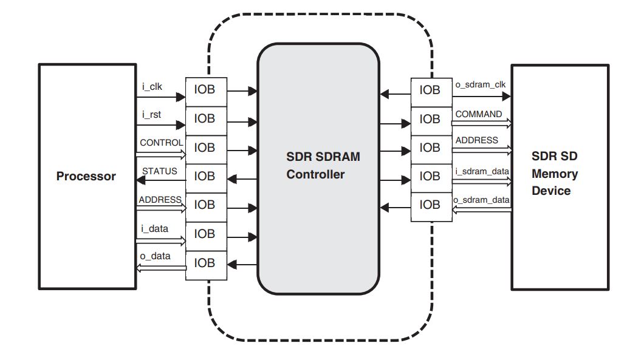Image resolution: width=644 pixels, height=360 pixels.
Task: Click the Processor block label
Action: coord(86,177)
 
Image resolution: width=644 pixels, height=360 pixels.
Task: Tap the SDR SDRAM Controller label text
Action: coord(323,166)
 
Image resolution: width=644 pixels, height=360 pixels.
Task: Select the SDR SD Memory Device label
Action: coord(554,174)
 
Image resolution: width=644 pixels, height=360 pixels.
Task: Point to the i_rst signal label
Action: coord(151,115)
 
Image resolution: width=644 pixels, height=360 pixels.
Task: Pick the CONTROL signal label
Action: coord(161,143)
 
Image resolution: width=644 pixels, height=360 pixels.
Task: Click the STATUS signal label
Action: coord(160,171)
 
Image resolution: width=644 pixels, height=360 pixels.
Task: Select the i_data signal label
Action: coord(154,228)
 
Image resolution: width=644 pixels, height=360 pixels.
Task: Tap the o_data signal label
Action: coord(156,256)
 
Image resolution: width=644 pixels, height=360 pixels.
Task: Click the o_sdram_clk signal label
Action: coord(480,84)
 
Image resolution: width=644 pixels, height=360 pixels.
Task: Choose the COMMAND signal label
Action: coord(479,114)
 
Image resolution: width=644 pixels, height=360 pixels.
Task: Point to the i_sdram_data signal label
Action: coord(482,171)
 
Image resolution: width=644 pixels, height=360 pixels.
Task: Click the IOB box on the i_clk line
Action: coord(205,91)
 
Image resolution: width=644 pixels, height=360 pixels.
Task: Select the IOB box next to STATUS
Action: coord(205,177)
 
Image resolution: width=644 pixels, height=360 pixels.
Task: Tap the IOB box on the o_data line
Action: coord(205,263)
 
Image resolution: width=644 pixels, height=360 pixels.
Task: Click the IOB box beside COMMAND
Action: coord(431,120)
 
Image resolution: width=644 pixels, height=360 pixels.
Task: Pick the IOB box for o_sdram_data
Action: coord(431,205)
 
